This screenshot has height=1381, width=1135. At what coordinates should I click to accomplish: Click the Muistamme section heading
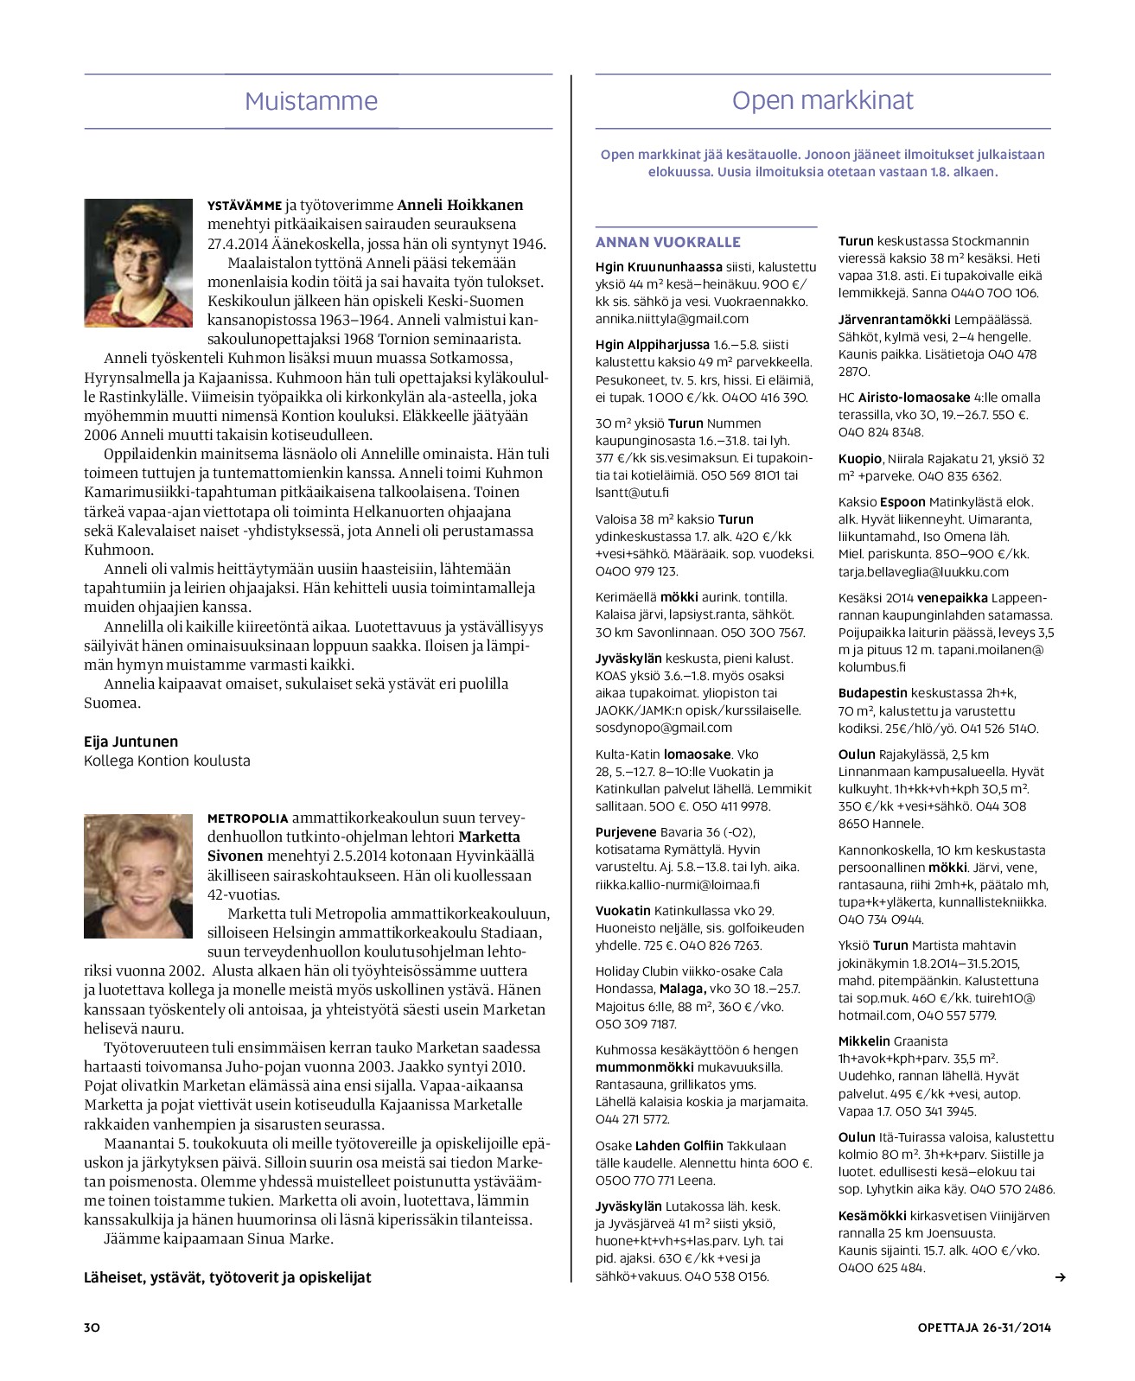(311, 101)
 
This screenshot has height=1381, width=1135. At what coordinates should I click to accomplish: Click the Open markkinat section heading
(822, 100)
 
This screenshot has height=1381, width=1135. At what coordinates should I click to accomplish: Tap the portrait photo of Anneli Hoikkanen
(138, 263)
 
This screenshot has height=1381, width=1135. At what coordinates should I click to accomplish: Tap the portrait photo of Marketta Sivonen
(138, 875)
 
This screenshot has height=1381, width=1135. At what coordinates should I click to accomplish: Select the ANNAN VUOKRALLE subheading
(668, 242)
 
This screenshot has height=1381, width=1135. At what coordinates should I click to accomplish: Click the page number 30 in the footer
(92, 1327)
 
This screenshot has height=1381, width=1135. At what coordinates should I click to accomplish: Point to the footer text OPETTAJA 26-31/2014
(984, 1327)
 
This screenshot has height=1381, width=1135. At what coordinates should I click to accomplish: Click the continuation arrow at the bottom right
(1061, 1277)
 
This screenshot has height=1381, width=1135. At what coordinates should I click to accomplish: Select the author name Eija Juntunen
(131, 741)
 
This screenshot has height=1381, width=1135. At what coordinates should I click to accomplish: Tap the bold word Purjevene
(626, 832)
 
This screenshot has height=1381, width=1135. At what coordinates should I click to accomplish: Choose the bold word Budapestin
(873, 693)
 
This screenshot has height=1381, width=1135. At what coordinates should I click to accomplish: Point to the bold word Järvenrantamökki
(894, 319)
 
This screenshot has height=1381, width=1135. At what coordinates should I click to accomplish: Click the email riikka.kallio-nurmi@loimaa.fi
(677, 884)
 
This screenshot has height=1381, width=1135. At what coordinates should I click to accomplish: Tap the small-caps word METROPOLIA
(248, 818)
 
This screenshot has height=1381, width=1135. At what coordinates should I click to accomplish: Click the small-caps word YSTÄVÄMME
(245, 206)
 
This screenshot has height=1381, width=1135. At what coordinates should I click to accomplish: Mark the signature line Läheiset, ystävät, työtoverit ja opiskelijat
(227, 1276)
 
